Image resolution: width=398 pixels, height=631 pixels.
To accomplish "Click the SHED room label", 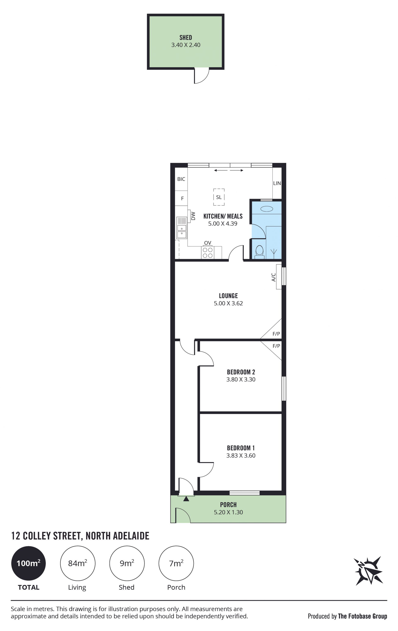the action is pos(186,38).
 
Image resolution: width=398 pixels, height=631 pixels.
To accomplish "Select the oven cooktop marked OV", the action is pos(208,252).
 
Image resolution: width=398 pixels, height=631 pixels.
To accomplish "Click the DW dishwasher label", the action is pos(193,216).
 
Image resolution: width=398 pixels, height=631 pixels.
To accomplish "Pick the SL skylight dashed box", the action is pos(219,197).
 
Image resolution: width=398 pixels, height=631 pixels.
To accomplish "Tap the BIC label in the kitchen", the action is pos(181,179).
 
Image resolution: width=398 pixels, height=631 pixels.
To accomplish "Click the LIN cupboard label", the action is pos(277,183).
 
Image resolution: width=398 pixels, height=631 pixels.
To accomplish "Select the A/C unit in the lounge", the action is pos(279,277).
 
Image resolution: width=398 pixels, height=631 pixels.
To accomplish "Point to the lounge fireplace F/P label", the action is pos(276,334).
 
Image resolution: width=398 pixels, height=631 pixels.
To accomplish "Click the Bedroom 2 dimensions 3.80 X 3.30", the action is pos(241,379).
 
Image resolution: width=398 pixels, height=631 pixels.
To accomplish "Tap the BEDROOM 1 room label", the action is pos(241,448).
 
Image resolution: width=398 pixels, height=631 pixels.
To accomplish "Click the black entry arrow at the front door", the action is pos(186,499).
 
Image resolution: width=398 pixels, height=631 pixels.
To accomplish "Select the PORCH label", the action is pos(228,504).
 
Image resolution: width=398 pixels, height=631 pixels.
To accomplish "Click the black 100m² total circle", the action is pos(28,563).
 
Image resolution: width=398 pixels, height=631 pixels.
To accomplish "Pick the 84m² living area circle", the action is pos(78,563).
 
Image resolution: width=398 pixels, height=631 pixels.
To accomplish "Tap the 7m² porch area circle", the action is pos(176,563).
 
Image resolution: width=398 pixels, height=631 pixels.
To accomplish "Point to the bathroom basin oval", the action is pos(267,209).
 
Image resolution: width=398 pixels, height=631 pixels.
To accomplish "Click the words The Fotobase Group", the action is pos(363,616).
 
